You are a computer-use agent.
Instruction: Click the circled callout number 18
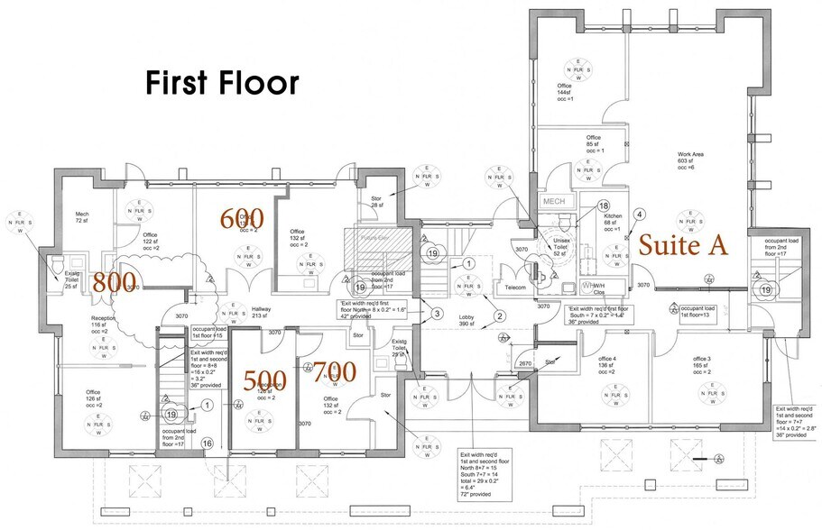pyautogui.click(x=604, y=206)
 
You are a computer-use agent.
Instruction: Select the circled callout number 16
pyautogui.click(x=207, y=443)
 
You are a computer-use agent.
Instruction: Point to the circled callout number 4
pyautogui.click(x=639, y=215)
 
